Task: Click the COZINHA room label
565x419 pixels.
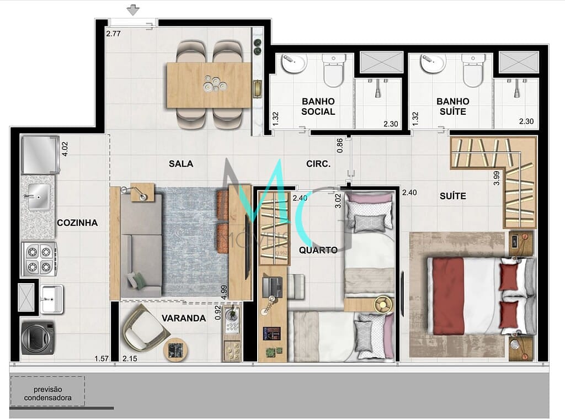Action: click(x=77, y=223)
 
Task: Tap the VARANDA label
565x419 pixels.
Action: click(x=184, y=318)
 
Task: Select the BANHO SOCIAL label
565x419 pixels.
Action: click(x=318, y=106)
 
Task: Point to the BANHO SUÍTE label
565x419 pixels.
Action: click(x=452, y=106)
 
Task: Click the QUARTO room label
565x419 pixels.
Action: click(x=318, y=250)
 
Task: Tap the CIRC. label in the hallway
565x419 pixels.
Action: click(x=318, y=164)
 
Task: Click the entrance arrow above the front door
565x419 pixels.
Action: click(x=133, y=9)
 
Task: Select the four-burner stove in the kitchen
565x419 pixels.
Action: click(x=39, y=259)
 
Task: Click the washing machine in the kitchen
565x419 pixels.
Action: click(x=38, y=337)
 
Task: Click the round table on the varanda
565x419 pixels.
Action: click(x=176, y=349)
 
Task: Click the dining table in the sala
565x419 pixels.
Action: click(x=210, y=85)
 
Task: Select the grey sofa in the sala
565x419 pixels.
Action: click(x=141, y=241)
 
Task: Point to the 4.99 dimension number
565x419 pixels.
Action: click(x=224, y=292)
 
